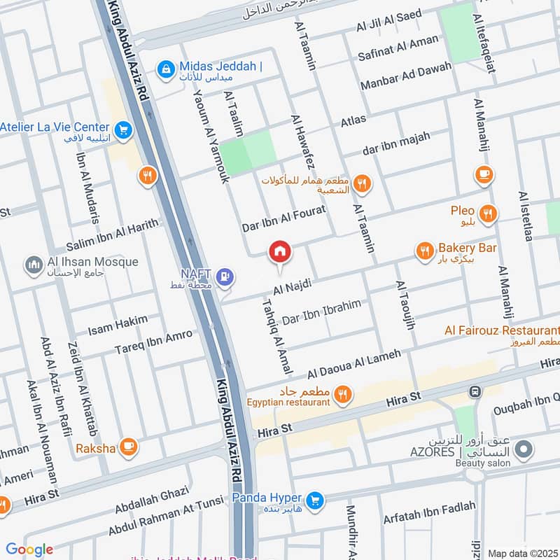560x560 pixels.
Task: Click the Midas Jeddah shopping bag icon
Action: pyautogui.click(x=166, y=68)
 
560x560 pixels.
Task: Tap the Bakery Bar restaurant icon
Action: pyautogui.click(x=424, y=251)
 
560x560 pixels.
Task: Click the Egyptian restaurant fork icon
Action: pyautogui.click(x=342, y=395)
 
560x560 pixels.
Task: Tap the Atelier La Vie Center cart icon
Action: pyautogui.click(x=123, y=128)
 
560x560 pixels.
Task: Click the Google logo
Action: pyautogui.click(x=29, y=549)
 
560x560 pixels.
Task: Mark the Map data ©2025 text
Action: pyautogui.click(x=522, y=553)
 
